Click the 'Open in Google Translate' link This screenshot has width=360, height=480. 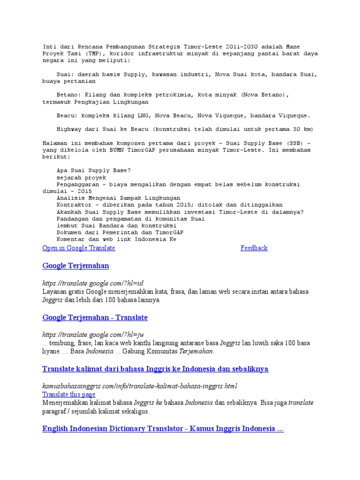point(79,248)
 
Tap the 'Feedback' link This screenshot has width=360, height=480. point(254,248)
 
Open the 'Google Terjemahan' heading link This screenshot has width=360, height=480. point(75,266)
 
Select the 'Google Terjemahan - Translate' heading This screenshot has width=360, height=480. point(95,317)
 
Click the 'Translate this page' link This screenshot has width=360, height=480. point(68,395)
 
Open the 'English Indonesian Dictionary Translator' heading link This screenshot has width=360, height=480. point(163,429)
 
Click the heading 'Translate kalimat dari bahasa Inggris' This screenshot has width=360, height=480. point(155,369)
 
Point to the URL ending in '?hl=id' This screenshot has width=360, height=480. point(92,283)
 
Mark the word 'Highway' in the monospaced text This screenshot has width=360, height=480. point(68,129)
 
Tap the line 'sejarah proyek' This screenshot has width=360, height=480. point(81,178)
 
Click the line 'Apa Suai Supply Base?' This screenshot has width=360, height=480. point(94,171)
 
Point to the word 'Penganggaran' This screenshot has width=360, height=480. point(77,185)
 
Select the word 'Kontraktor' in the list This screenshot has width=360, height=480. point(74,205)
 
